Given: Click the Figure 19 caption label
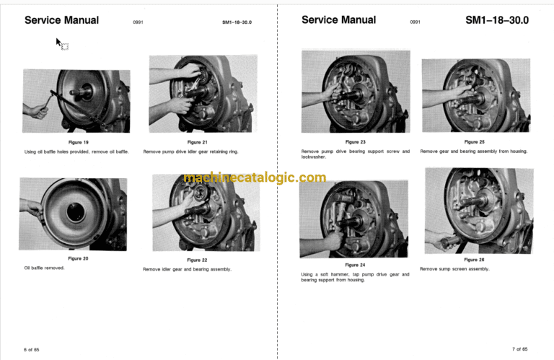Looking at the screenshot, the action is click(78, 142).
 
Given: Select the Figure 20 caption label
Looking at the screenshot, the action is click(78, 258).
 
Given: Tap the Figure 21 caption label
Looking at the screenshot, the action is click(197, 142).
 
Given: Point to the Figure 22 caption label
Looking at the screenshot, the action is click(197, 260).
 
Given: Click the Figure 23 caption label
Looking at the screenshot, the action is click(355, 142).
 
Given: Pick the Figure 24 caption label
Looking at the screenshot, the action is click(355, 265).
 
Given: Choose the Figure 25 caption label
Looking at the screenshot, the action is click(474, 142).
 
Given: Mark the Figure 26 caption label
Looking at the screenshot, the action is click(474, 260).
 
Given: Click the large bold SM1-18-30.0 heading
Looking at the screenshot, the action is click(497, 20).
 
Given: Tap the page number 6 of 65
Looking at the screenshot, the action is click(32, 350).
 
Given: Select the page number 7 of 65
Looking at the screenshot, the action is click(519, 349).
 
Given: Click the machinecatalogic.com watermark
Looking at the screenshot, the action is click(255, 177).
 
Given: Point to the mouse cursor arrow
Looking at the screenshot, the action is click(58, 42).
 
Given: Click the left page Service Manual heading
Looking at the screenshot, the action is click(61, 20).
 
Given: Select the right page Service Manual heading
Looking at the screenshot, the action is click(338, 20).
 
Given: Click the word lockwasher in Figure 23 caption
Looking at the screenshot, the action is click(313, 157).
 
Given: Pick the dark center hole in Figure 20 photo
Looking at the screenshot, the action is click(75, 212).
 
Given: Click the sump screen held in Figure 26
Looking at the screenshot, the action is click(450, 242).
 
